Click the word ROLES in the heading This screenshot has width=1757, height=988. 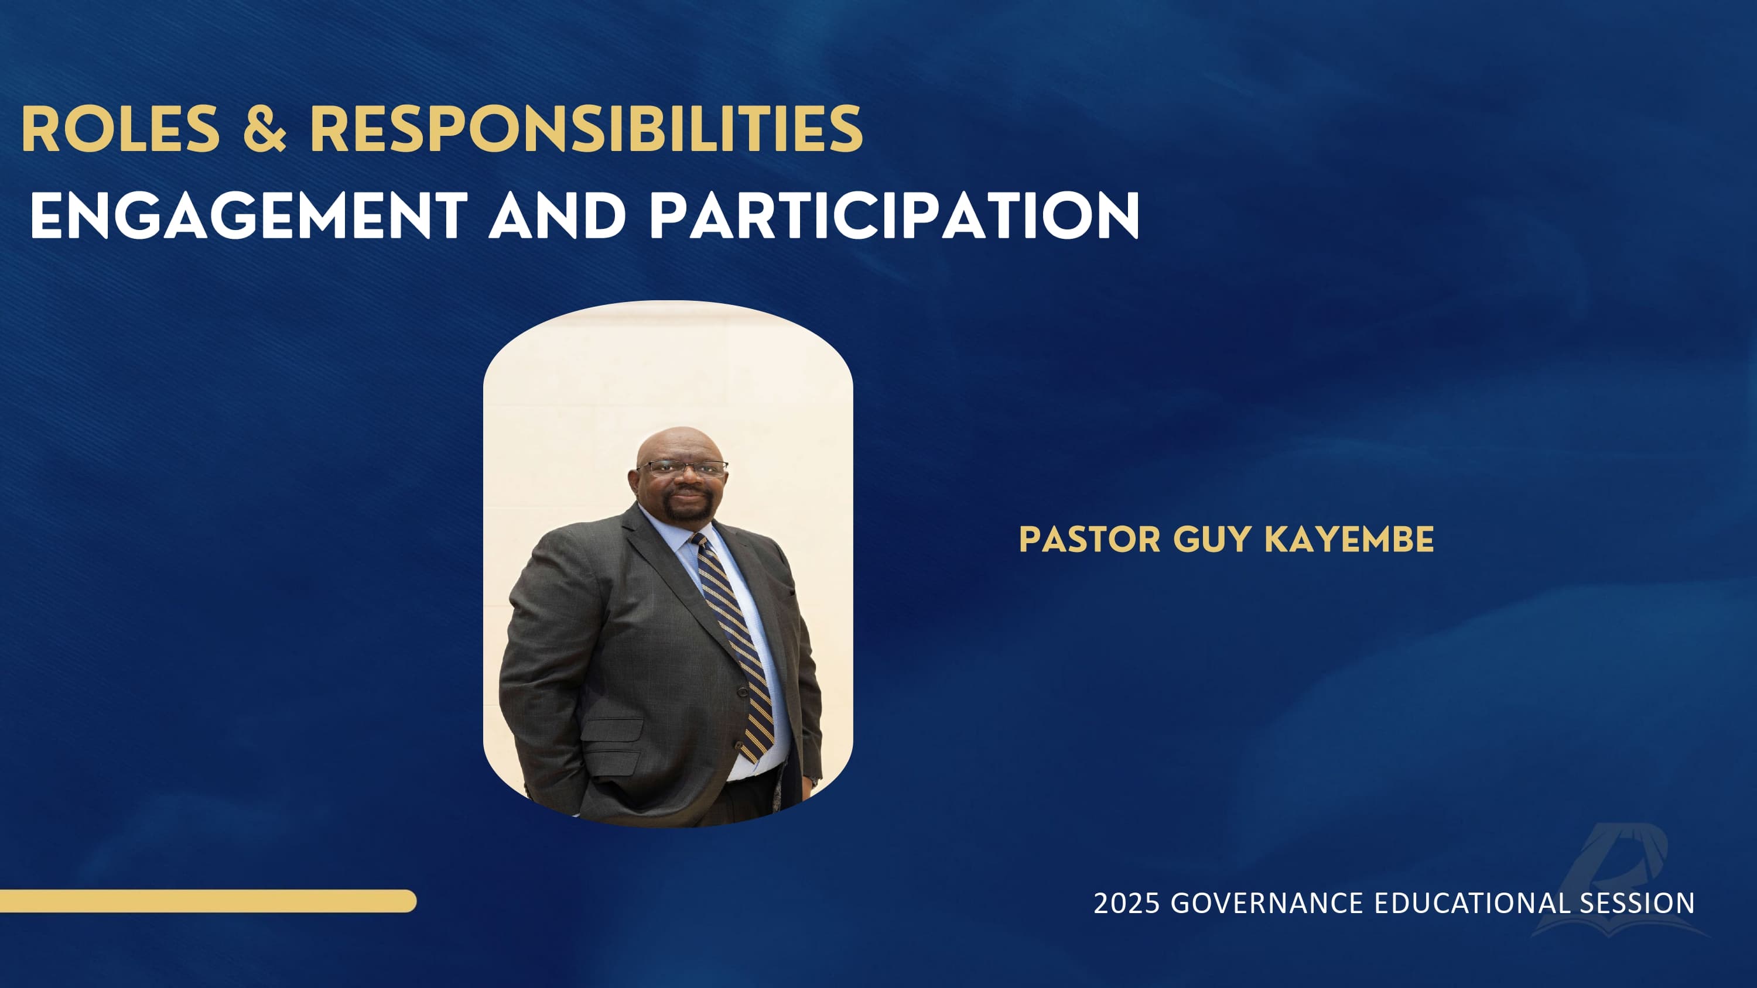(121, 129)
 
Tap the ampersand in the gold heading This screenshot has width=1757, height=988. (265, 129)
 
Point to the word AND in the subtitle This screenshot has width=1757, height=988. (557, 215)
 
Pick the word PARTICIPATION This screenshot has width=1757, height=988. (894, 215)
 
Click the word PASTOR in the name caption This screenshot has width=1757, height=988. (1089, 540)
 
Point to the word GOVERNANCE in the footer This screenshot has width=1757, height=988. (1267, 904)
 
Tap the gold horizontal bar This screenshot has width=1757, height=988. (208, 901)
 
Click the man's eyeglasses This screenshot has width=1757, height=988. (682, 468)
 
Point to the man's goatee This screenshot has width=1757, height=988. (684, 508)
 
